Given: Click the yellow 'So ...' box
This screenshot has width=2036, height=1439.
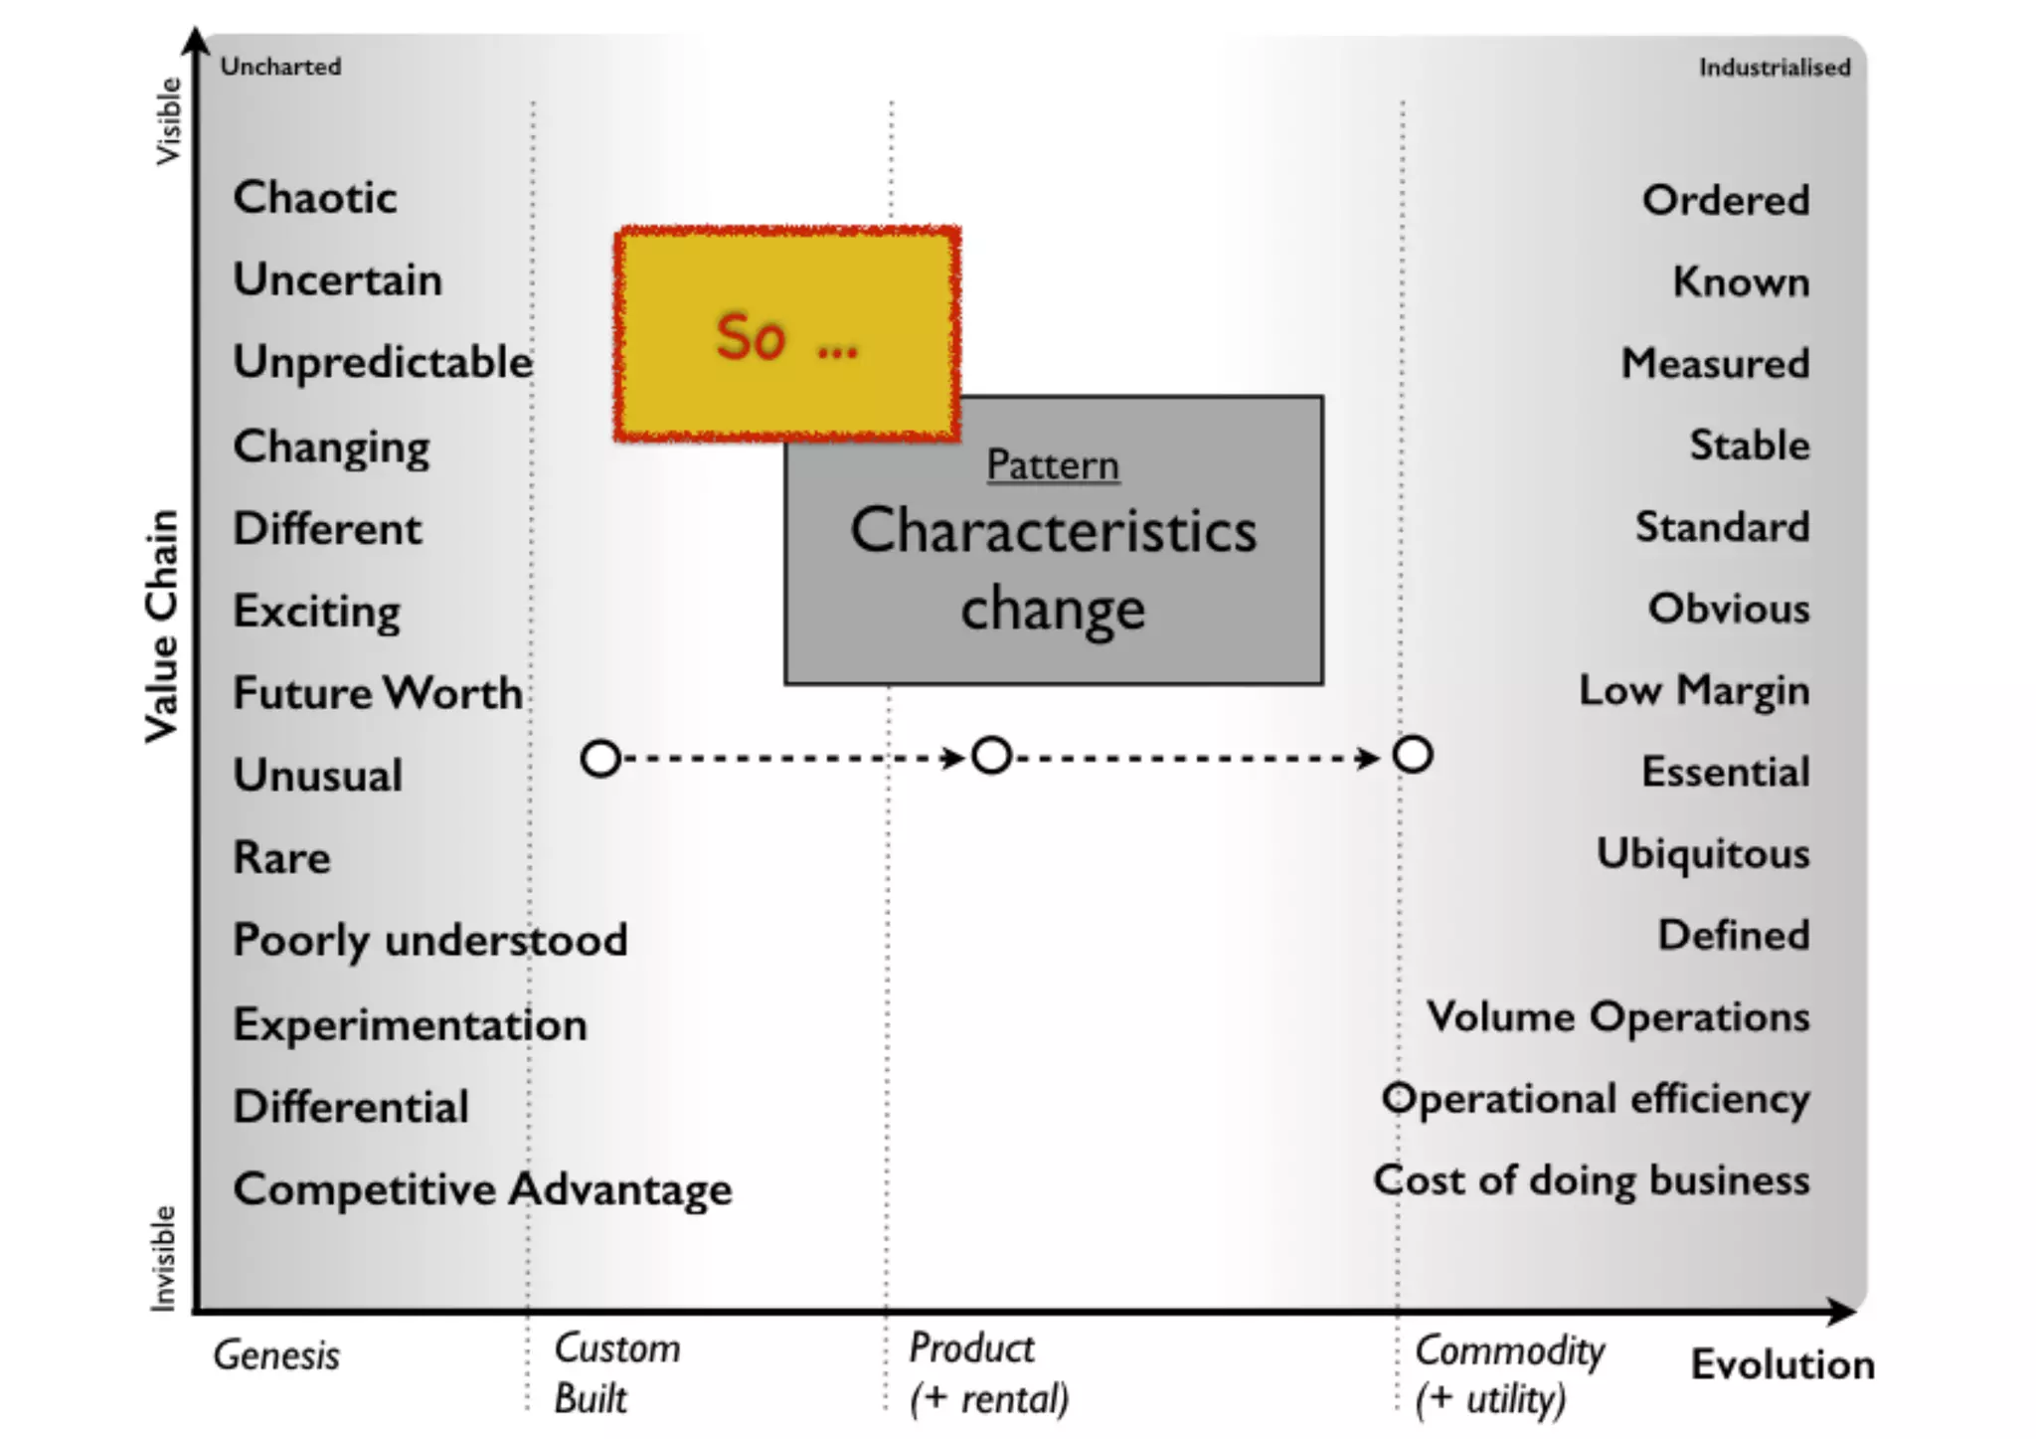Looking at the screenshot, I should (x=786, y=334).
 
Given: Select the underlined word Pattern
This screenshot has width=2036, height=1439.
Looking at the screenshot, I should (x=1053, y=465).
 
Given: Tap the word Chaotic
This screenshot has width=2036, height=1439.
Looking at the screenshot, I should (x=315, y=197).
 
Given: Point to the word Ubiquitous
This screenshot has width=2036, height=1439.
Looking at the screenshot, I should (x=1703, y=854).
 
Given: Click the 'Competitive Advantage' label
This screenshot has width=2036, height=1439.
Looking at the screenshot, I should (x=482, y=1189).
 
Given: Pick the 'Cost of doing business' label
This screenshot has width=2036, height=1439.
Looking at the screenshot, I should (x=1591, y=1180).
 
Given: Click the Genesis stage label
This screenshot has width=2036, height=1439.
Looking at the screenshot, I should (x=276, y=1355).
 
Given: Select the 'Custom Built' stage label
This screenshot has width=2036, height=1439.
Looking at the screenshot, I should (x=616, y=1373).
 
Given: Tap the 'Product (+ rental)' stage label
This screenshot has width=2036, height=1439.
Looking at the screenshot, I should (x=988, y=1373).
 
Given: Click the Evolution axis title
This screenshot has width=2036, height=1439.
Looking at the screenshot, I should (x=1782, y=1364).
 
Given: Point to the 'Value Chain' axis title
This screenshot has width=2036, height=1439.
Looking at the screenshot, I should (x=162, y=627).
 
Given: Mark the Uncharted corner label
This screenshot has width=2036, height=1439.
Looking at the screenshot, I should (x=280, y=67).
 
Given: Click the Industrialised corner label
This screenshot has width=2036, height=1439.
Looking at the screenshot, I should (x=1775, y=68).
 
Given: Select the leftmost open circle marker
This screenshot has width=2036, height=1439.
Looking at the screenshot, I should (x=600, y=759).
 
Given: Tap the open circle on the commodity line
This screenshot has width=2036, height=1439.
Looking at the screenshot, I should (x=1413, y=755).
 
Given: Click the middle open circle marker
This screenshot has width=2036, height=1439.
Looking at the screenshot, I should (x=991, y=756).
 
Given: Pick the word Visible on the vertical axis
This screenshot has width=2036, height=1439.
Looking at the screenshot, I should (x=169, y=121).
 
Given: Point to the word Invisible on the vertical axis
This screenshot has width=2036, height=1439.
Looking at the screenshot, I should (x=163, y=1258).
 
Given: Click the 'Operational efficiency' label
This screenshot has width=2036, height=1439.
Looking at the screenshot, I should (x=1596, y=1099).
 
